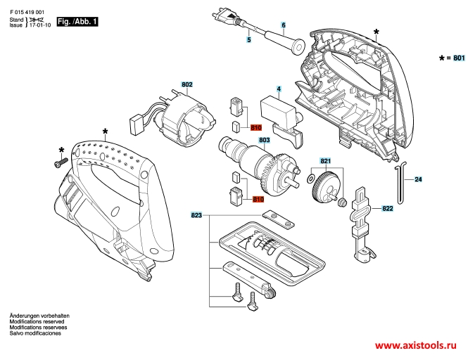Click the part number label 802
[186, 85]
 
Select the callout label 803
[246, 140]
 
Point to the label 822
[387, 209]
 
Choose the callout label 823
[196, 214]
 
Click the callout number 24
[418, 180]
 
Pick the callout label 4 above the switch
[279, 89]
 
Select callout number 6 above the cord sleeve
[283, 25]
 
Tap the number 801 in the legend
[458, 58]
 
